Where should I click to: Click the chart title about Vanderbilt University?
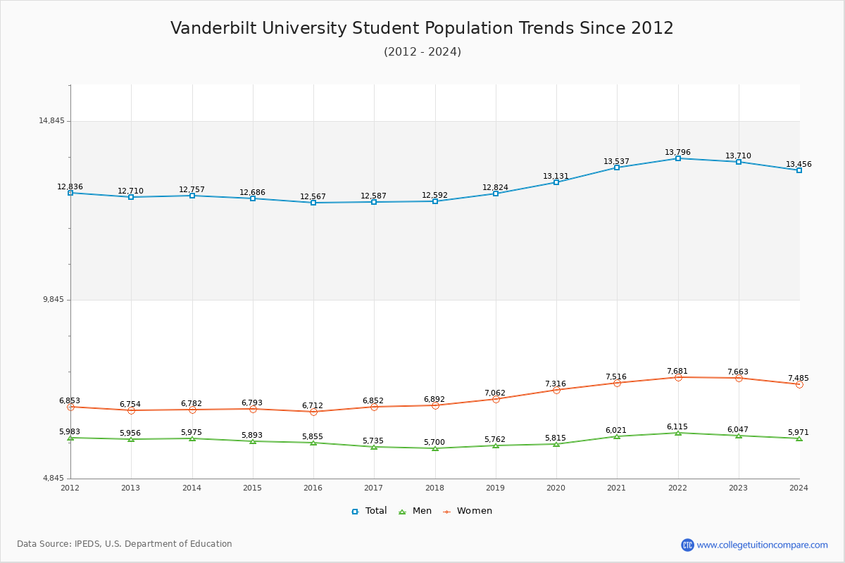[x=422, y=28]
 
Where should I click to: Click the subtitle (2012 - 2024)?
[x=422, y=52]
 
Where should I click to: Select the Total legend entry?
[x=369, y=511]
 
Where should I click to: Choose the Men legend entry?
[x=415, y=511]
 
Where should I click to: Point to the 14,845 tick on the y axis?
[x=51, y=121]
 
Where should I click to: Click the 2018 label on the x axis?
[x=434, y=488]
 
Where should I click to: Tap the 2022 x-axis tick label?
[x=677, y=488]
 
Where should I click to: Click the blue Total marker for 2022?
[x=678, y=158]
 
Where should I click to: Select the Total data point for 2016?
[x=313, y=203]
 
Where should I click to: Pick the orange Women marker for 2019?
[x=496, y=399]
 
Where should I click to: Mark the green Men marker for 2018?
[x=435, y=448]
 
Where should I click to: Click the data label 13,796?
[x=677, y=153]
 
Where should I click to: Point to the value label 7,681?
[x=677, y=372]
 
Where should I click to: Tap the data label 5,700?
[x=434, y=443]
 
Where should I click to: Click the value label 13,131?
[x=556, y=177]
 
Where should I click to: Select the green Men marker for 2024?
[x=799, y=438]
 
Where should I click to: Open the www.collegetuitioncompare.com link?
[x=762, y=545]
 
